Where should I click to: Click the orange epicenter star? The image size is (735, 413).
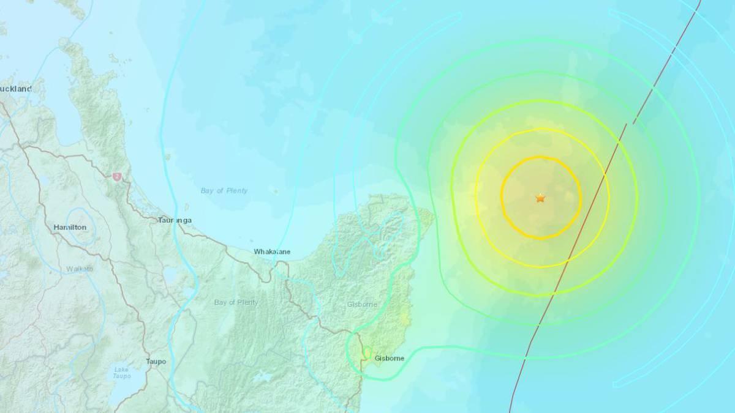click(540, 198)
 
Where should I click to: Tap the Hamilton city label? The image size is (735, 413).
click(70, 228)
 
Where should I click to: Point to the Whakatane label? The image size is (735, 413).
click(272, 251)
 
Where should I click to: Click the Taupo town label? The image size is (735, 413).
click(156, 362)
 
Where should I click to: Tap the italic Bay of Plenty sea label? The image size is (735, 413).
click(224, 191)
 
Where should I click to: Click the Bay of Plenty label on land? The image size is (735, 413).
click(236, 302)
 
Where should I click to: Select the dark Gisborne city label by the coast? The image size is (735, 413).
click(389, 359)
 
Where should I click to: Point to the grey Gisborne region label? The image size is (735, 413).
click(361, 304)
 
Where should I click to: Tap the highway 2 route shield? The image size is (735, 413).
click(116, 176)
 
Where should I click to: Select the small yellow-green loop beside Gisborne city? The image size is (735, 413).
click(366, 353)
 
